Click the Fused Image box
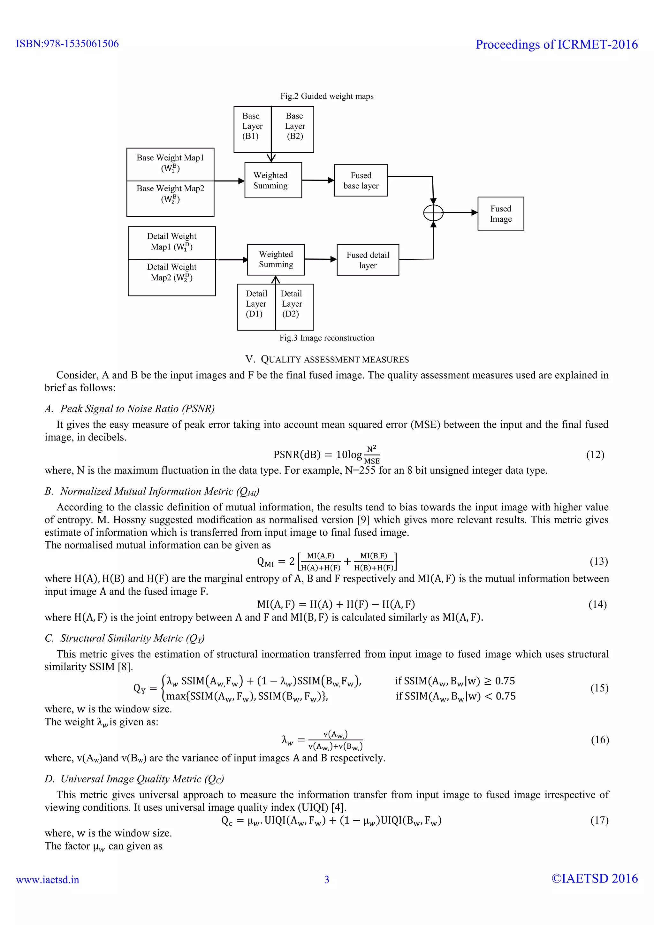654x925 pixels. (501, 214)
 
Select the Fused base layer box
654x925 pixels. (361, 180)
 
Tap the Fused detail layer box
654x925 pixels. (368, 260)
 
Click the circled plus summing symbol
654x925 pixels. (433, 212)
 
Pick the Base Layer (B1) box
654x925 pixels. (252, 129)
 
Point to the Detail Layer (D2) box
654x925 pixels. (294, 307)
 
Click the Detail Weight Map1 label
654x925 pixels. (171, 241)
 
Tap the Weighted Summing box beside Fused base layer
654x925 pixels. (273, 180)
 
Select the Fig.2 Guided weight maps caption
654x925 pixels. (327, 96)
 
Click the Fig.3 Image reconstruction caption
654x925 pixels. (327, 338)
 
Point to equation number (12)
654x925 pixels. (595, 455)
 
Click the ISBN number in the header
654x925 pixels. (67, 43)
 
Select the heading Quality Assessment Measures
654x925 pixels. (327, 359)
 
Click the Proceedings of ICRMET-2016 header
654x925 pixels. (557, 44)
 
